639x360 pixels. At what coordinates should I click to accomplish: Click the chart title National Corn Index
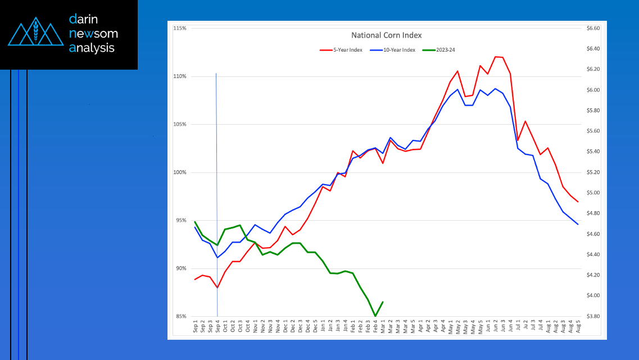click(x=386, y=35)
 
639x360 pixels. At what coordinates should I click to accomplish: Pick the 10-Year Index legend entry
click(x=397, y=50)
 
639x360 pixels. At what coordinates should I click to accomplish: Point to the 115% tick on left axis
click(x=180, y=28)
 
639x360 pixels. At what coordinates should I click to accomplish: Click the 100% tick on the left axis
click(x=180, y=172)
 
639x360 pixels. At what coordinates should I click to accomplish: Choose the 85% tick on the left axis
click(x=180, y=317)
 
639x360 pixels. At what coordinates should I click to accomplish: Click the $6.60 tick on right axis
click(x=593, y=28)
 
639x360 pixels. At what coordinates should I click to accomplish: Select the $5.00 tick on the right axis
click(x=593, y=193)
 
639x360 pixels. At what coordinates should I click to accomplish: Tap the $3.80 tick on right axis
click(x=593, y=317)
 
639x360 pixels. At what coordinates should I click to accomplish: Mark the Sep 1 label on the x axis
click(x=196, y=327)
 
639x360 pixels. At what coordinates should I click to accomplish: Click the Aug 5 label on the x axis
click(x=578, y=327)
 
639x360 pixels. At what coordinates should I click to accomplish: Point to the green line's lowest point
click(x=375, y=316)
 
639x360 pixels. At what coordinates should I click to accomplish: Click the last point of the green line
click(x=383, y=302)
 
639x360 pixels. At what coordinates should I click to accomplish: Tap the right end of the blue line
click(x=578, y=225)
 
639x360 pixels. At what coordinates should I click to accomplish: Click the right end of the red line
click(x=578, y=202)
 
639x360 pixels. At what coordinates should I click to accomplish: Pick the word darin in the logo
click(x=84, y=19)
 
